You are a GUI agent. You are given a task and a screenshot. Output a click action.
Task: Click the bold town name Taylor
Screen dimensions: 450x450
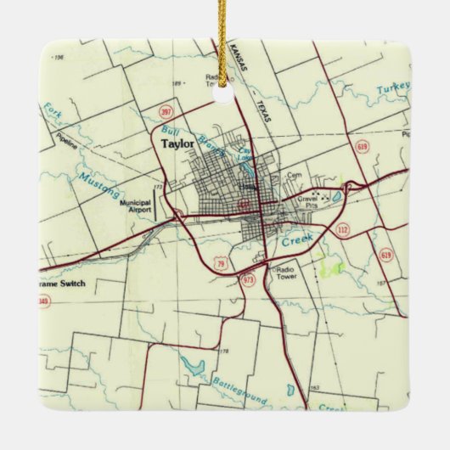pyautogui.click(x=177, y=144)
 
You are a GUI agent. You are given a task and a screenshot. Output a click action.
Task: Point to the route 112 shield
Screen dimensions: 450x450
pyautogui.click(x=343, y=230)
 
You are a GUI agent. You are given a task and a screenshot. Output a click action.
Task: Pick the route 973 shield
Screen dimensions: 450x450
pyautogui.click(x=248, y=279)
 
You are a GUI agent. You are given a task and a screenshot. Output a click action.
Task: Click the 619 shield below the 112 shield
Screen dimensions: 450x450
pyautogui.click(x=386, y=254)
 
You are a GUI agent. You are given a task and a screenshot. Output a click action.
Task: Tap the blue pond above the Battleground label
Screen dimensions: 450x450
pyautogui.click(x=193, y=367)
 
